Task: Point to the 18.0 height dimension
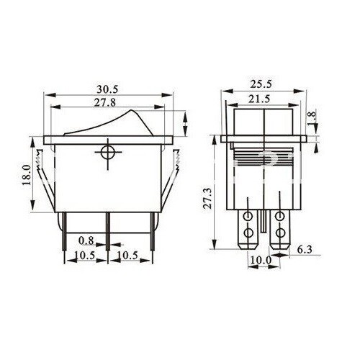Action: tap(27, 175)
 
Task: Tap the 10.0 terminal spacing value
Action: tap(261, 259)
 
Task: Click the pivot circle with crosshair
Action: tap(108, 153)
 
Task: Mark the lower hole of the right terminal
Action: tap(280, 234)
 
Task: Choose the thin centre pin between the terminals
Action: tap(264, 223)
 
